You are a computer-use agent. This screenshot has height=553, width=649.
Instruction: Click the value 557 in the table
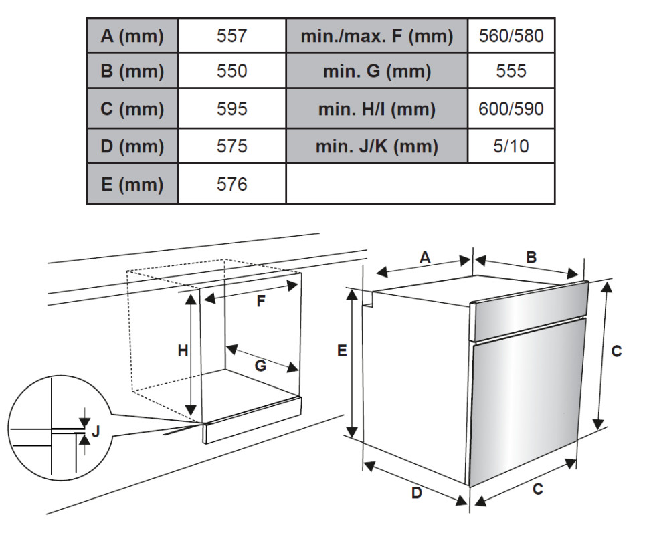[231, 35]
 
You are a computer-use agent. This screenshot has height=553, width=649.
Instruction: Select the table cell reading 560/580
[511, 35]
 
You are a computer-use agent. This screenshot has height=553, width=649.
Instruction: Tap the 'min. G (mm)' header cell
[377, 71]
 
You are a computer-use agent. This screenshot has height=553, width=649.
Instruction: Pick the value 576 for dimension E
[231, 184]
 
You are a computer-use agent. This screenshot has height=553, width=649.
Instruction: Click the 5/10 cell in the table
[511, 146]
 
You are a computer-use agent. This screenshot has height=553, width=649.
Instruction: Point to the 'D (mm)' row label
[132, 146]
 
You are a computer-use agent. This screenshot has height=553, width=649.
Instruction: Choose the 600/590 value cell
[511, 108]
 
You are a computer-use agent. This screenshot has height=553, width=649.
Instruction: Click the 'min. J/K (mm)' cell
[377, 146]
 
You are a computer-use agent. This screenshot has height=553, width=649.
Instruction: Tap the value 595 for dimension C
[231, 108]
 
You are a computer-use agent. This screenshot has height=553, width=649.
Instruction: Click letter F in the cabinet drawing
[261, 301]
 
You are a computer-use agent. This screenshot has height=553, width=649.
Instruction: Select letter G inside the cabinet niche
[260, 366]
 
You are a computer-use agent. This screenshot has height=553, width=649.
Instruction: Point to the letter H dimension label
[183, 351]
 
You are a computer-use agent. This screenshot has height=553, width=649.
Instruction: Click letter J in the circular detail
[96, 431]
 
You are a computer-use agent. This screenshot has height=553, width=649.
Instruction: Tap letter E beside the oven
[342, 351]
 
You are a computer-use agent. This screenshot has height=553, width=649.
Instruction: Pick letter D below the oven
[416, 493]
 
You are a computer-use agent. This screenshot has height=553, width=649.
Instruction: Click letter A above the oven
[425, 257]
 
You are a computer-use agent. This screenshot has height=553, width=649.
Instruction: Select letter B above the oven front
[531, 257]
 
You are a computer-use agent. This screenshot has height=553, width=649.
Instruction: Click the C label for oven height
[616, 351]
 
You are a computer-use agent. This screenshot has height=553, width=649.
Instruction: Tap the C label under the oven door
[537, 489]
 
